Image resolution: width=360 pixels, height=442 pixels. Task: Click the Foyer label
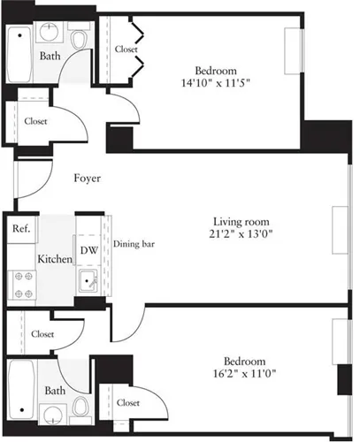[x=86, y=179]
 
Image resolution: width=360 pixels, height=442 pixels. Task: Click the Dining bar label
[x=134, y=244]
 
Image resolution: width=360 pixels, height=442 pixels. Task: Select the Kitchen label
[x=53, y=260]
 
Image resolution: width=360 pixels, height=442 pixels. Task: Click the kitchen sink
[x=88, y=283]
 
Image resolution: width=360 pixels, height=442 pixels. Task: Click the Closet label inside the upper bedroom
[x=126, y=50]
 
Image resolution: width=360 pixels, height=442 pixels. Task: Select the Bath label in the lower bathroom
[x=55, y=390]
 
